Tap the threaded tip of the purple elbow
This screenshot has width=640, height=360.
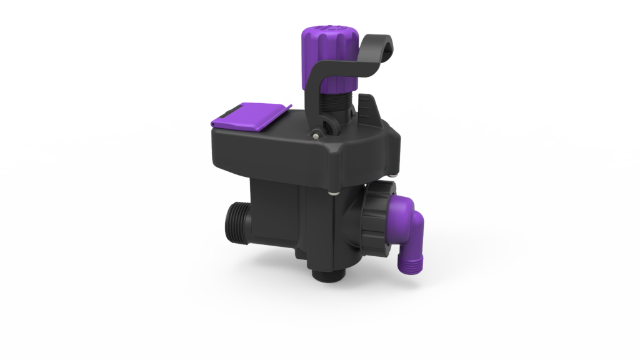click(407, 263)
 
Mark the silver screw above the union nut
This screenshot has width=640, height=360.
click(390, 176)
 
